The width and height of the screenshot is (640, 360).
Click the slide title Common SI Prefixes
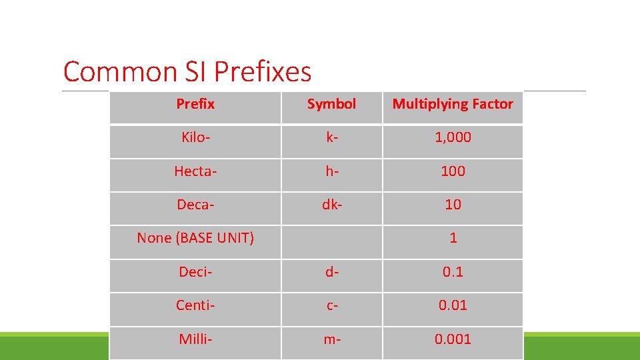(x=187, y=72)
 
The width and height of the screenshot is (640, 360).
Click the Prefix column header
(x=195, y=104)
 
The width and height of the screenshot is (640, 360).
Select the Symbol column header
(x=331, y=104)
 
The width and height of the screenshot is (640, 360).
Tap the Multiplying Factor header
(x=453, y=104)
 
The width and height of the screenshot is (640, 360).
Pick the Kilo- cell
(x=195, y=137)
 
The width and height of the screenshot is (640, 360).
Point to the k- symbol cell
(x=331, y=137)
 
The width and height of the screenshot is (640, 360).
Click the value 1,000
(x=453, y=137)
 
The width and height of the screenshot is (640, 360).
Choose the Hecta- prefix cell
(x=195, y=171)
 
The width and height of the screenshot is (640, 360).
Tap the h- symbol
(x=331, y=171)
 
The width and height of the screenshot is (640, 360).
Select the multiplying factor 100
(x=453, y=171)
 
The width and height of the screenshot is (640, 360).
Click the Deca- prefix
(x=195, y=205)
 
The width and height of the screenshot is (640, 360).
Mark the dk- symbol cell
(x=331, y=205)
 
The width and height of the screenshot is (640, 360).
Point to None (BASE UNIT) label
(x=195, y=238)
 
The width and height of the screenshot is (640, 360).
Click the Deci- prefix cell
(x=195, y=272)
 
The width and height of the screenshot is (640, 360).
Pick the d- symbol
(x=331, y=272)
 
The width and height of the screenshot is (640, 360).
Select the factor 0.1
(x=453, y=272)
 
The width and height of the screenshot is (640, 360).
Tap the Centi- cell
(x=195, y=305)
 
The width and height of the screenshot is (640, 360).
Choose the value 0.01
(x=453, y=305)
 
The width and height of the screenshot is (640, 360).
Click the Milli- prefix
(x=195, y=339)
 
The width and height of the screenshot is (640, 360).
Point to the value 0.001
(x=453, y=339)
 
